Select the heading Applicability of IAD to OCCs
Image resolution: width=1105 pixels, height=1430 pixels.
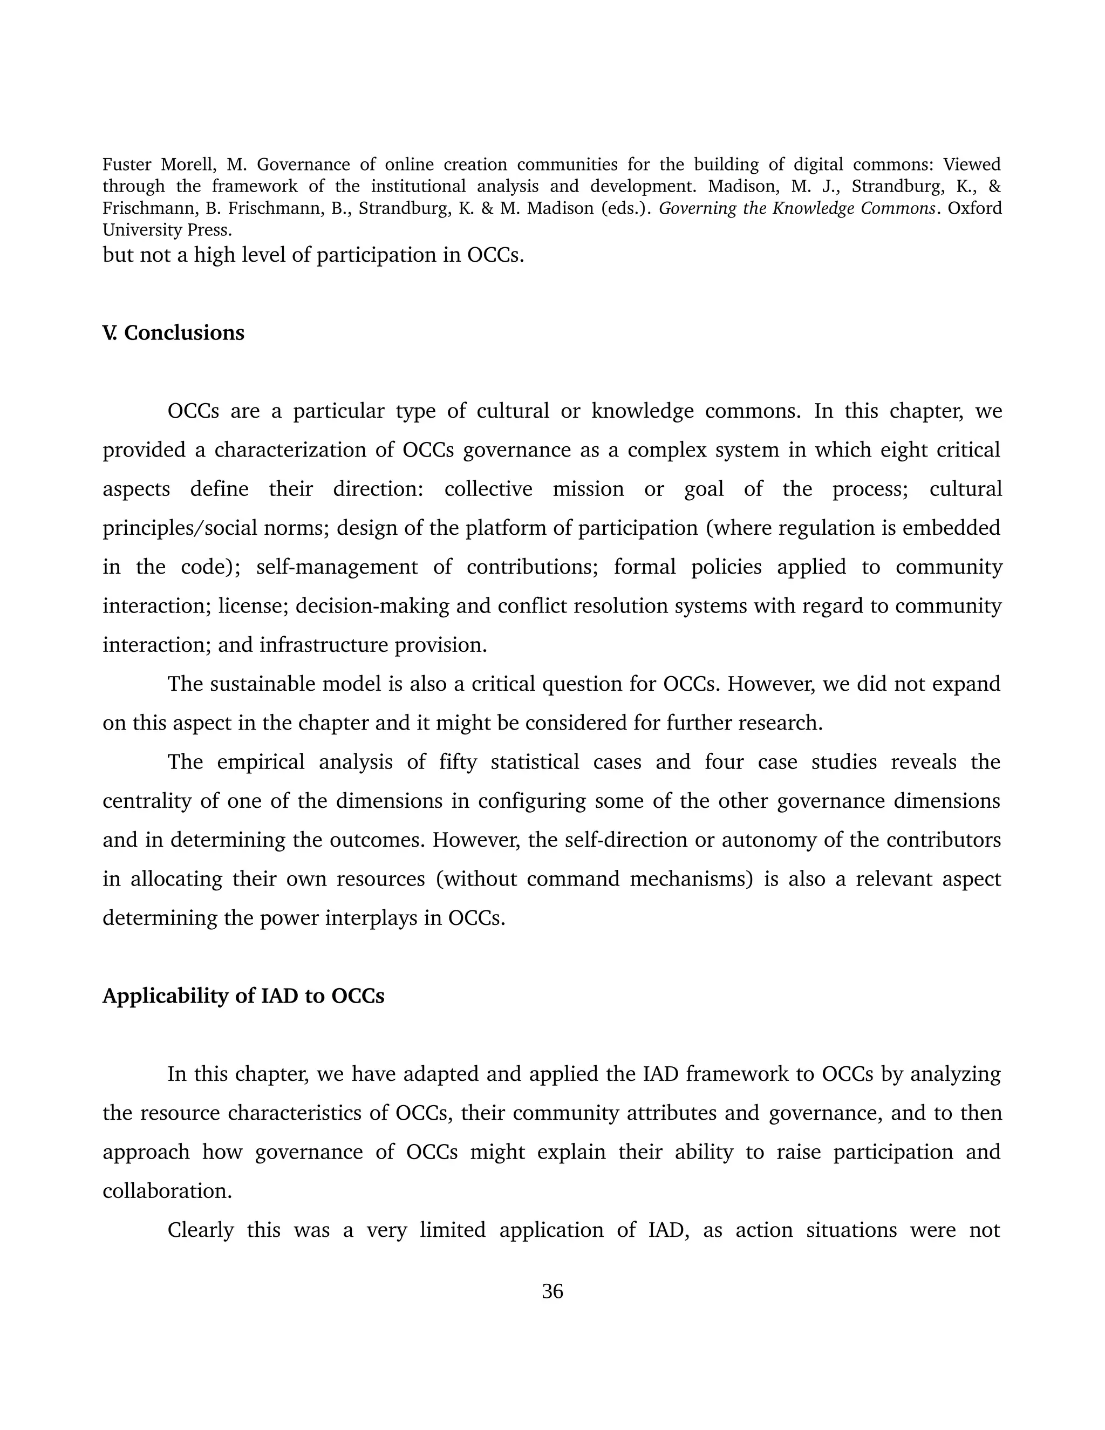pos(243,996)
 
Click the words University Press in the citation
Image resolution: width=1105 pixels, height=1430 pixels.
pos(167,230)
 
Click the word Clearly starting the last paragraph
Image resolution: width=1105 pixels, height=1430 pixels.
pos(200,1230)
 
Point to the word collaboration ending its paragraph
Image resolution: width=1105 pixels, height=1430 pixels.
pos(167,1190)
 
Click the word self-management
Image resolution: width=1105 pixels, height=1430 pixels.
pos(337,567)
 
